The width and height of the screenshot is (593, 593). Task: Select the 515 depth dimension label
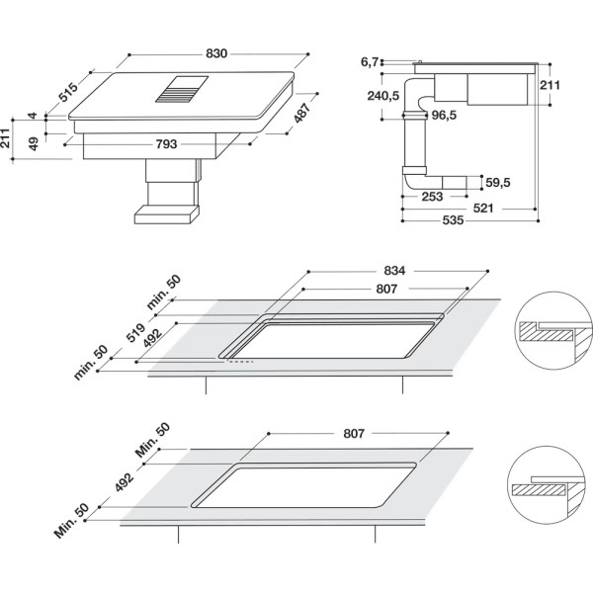point(67,94)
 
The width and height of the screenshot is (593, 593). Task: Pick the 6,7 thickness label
point(371,62)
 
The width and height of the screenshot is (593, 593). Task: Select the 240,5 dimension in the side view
point(381,96)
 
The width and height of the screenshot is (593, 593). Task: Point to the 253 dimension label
point(431,197)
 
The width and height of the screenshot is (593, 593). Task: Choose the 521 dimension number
point(510,209)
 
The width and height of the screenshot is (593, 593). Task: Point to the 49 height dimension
point(34,143)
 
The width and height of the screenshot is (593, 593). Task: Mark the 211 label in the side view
point(551,86)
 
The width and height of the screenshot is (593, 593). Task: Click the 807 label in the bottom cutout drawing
point(355,434)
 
